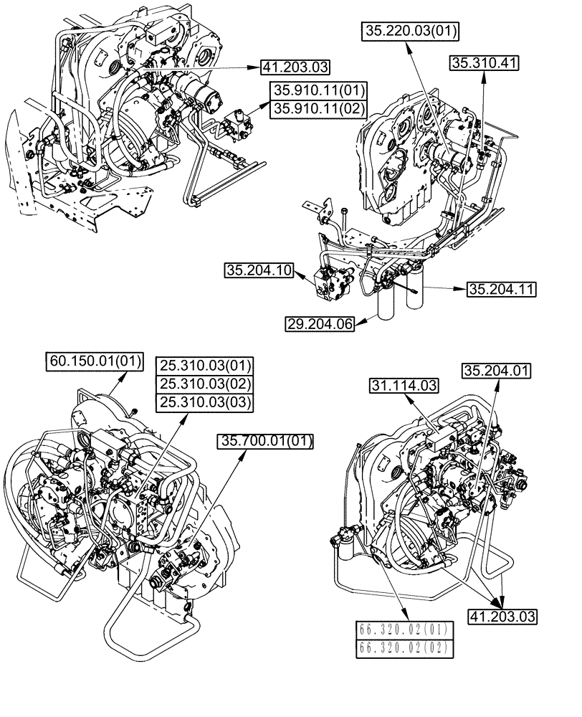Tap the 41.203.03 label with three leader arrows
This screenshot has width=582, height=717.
(502, 615)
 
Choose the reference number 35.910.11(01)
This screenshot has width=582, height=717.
(319, 90)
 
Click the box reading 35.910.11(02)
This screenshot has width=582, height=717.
(319, 109)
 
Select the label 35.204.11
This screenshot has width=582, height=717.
(502, 290)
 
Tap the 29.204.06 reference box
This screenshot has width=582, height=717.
(320, 323)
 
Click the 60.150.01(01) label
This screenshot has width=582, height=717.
(95, 360)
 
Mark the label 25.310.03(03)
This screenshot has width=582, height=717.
(206, 403)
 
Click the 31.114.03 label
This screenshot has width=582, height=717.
(404, 386)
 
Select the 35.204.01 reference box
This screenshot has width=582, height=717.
(497, 371)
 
